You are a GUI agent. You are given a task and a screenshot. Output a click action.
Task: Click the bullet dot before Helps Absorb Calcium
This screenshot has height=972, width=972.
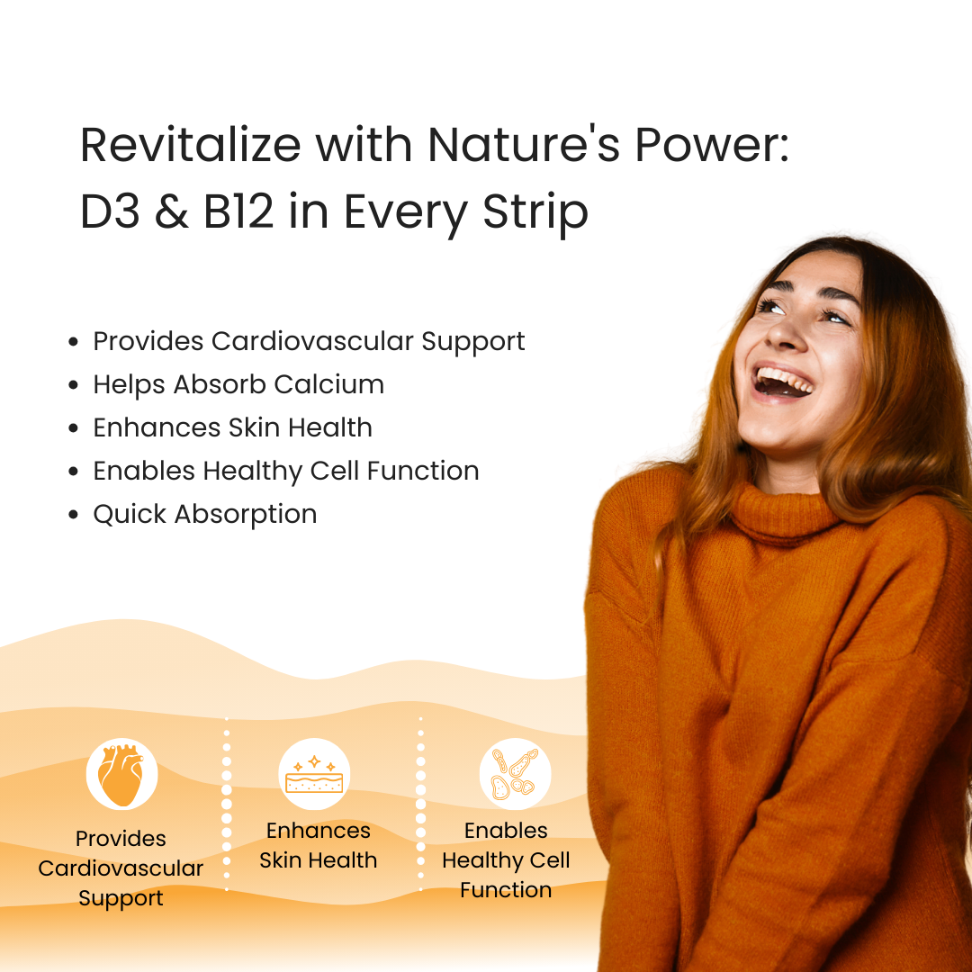pyautogui.click(x=74, y=385)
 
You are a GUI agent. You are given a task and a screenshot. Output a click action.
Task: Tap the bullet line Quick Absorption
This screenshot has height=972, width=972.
pyautogui.click(x=205, y=515)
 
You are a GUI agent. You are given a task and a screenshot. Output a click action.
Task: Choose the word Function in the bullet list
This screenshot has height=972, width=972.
pyautogui.click(x=427, y=471)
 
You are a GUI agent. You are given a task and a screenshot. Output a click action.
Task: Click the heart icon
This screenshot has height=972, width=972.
pyautogui.click(x=121, y=774)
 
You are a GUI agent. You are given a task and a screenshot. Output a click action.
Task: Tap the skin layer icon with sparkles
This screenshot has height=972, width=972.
pyautogui.click(x=314, y=775)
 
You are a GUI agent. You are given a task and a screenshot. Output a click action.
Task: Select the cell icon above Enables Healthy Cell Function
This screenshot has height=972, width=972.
pyautogui.click(x=515, y=775)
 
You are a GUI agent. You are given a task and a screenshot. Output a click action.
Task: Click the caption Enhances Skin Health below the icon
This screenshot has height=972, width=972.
pyautogui.click(x=319, y=845)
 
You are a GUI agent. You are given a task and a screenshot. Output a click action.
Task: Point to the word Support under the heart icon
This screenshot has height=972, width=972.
pyautogui.click(x=121, y=898)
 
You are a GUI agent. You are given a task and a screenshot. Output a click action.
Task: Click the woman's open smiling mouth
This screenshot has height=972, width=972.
pyautogui.click(x=783, y=381)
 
